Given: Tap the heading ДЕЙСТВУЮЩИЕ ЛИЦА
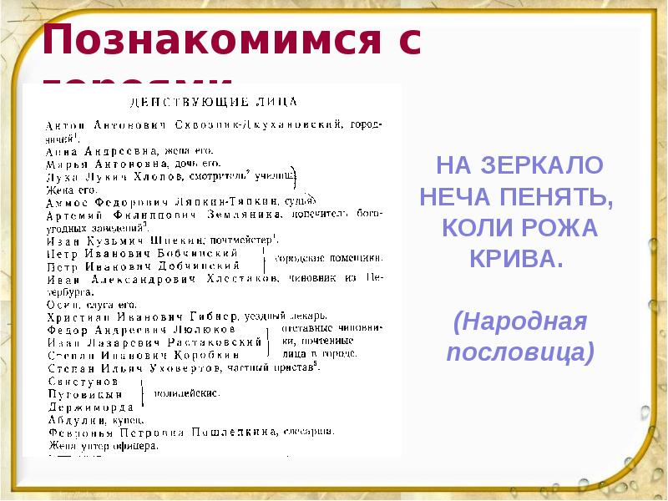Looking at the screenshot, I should point(212,103).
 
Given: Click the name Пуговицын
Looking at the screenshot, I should point(78,393).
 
